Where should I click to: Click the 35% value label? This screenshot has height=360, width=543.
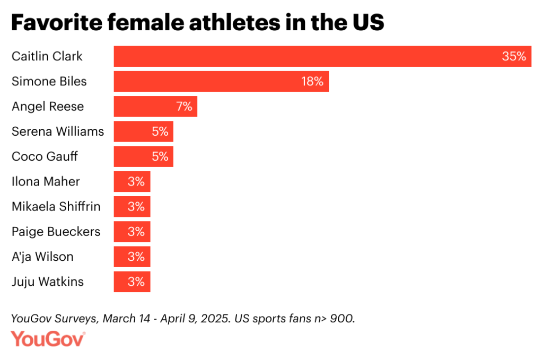(514, 56)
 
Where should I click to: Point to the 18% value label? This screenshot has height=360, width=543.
(312, 81)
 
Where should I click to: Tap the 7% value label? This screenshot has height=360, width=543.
(184, 107)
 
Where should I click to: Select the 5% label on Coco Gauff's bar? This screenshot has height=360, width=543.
(160, 156)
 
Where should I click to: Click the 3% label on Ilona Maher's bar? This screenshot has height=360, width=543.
(136, 181)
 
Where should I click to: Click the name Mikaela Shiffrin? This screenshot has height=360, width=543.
(56, 206)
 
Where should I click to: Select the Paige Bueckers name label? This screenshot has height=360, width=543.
(56, 232)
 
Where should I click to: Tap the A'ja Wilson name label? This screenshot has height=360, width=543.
(42, 257)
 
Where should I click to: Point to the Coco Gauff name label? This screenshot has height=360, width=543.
(45, 156)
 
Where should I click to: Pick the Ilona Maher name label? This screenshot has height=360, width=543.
(46, 181)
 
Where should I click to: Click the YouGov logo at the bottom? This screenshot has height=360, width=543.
(48, 339)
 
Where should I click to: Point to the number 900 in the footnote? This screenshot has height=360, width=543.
(343, 319)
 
